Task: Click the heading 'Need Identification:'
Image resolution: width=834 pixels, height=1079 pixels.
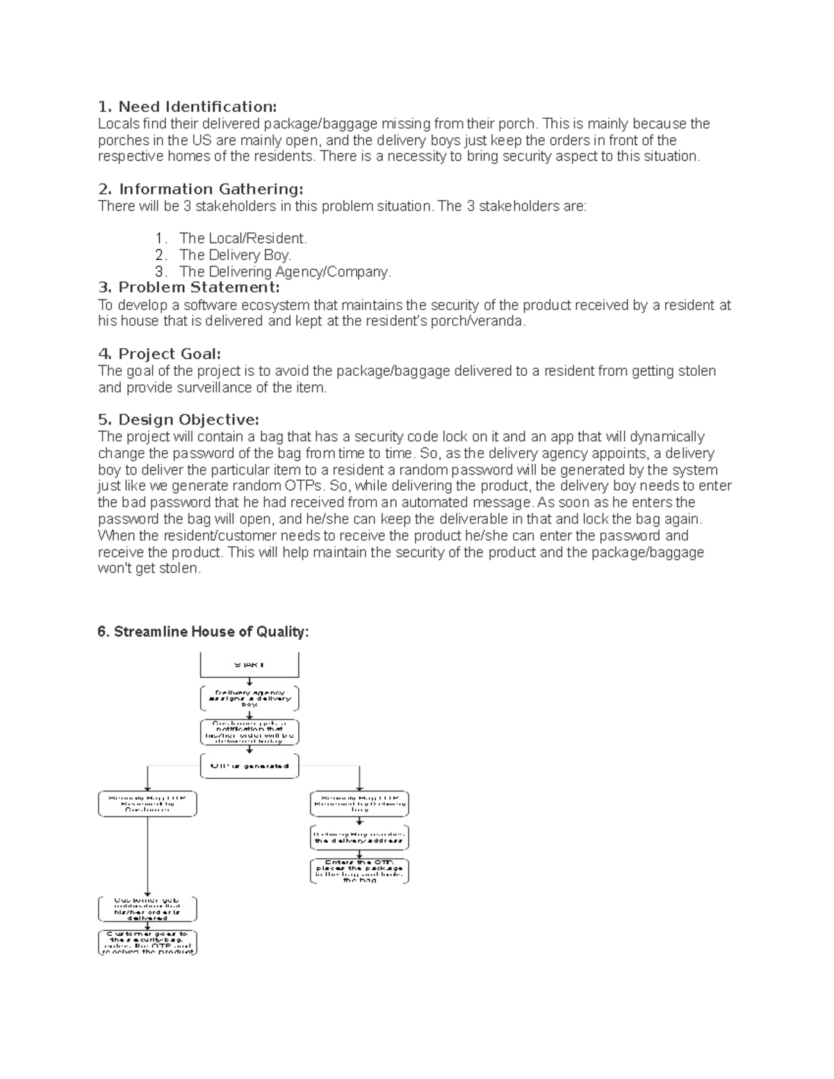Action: pyautogui.click(x=187, y=106)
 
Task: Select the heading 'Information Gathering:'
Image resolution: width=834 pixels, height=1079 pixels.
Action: pyautogui.click(x=200, y=189)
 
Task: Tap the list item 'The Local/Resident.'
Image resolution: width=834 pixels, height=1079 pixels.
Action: pyautogui.click(x=243, y=238)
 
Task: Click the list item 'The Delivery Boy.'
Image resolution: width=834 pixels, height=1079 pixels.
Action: pyautogui.click(x=235, y=255)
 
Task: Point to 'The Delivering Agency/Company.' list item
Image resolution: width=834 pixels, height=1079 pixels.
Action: pyautogui.click(x=285, y=272)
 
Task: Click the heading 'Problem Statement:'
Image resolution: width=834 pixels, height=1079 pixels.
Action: pyautogui.click(x=188, y=288)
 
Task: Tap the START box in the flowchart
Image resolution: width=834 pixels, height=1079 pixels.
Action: pyautogui.click(x=250, y=665)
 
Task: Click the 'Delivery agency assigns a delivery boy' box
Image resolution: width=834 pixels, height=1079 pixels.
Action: pyautogui.click(x=250, y=698)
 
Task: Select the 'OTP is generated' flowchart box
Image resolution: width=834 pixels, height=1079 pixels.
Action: pyautogui.click(x=250, y=766)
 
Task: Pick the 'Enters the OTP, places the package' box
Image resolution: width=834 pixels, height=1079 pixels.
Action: pyautogui.click(x=359, y=871)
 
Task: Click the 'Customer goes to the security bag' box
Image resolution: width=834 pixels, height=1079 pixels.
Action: pyautogui.click(x=147, y=943)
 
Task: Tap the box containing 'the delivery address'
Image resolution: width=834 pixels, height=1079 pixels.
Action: pyautogui.click(x=359, y=837)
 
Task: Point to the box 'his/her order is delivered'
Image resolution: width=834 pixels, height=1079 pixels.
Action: pyautogui.click(x=147, y=909)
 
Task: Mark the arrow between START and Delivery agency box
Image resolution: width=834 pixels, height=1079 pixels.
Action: pyautogui.click(x=250, y=682)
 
